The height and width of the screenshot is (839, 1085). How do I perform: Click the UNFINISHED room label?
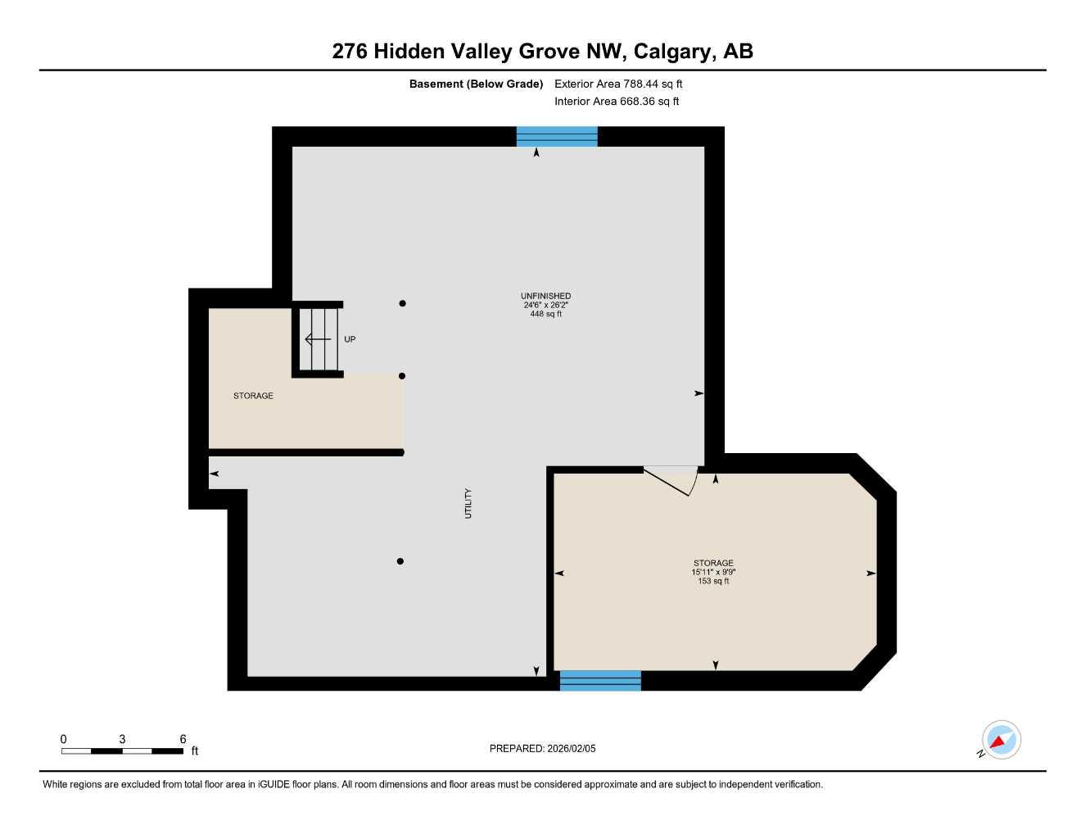545,296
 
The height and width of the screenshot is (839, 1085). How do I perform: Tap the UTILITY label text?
468,503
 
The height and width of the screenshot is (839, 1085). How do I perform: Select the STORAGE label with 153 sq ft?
713,563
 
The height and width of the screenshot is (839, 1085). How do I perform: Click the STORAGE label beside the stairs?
253,396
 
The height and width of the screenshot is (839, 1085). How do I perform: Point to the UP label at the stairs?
350,339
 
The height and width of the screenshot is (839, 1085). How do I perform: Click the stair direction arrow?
318,339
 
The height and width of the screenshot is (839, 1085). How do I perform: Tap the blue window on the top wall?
557,136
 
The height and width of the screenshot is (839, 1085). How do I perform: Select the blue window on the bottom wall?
600,680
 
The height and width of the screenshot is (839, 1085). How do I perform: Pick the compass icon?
1001,740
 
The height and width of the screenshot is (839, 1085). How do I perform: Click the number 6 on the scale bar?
183,739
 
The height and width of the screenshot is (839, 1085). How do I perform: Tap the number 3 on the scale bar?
122,739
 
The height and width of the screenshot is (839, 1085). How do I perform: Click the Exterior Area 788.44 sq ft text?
618,84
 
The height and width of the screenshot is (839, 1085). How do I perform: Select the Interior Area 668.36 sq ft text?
617,102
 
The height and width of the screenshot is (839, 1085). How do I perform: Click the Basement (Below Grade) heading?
476,84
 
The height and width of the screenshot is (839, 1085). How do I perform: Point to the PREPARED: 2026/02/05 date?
542,748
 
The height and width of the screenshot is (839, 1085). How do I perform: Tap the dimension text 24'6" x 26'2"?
546,305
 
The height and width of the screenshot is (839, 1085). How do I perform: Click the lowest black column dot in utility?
400,561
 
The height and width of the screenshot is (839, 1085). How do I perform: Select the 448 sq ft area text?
546,314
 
